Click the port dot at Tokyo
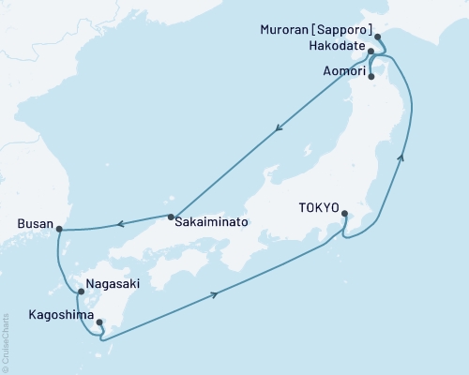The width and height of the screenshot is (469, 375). coord(345,213)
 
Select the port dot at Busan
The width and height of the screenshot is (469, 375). coord(58,227)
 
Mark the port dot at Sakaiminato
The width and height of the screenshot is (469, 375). coord(171,217)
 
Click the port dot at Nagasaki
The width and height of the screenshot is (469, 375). coord(81,291)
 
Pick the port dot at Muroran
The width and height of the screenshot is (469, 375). coord(378,37)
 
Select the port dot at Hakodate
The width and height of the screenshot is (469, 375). coord(372,51)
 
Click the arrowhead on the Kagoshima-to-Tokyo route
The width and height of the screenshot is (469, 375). coord(219,294)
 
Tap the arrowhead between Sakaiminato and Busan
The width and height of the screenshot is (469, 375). coord(119,223)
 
